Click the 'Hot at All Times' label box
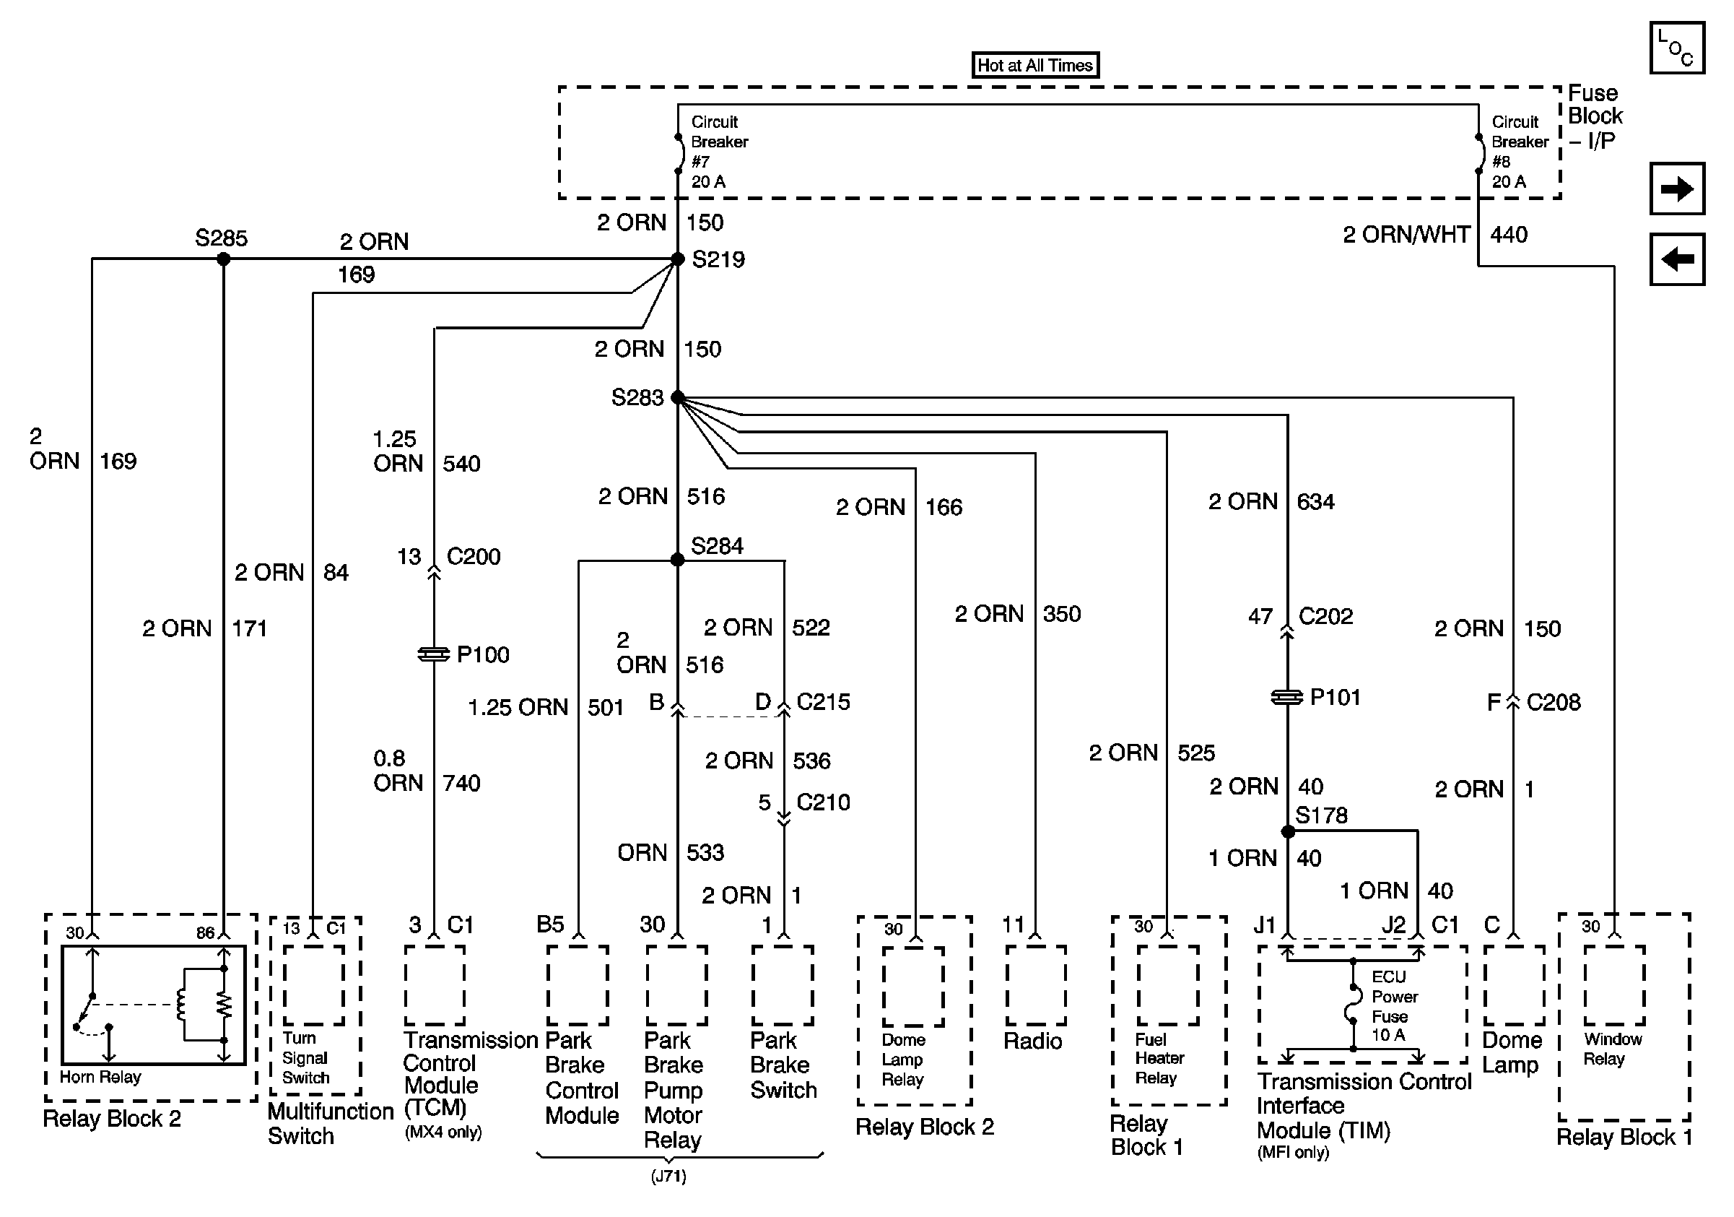point(1034,65)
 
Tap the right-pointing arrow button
point(1676,188)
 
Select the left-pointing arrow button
point(1676,259)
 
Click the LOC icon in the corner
point(1676,48)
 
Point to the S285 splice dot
point(224,259)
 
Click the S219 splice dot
point(677,259)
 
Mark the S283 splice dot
point(677,397)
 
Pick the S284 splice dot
point(677,560)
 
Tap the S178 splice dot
point(1288,832)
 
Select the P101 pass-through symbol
point(1287,697)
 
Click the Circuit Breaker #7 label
point(718,151)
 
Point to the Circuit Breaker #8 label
point(1519,151)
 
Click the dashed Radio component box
point(1035,985)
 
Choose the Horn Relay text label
point(100,1076)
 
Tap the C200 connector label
point(474,557)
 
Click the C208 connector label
point(1553,703)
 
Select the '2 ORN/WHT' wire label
point(1406,235)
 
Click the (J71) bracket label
point(668,1177)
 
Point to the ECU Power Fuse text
point(1394,1006)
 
